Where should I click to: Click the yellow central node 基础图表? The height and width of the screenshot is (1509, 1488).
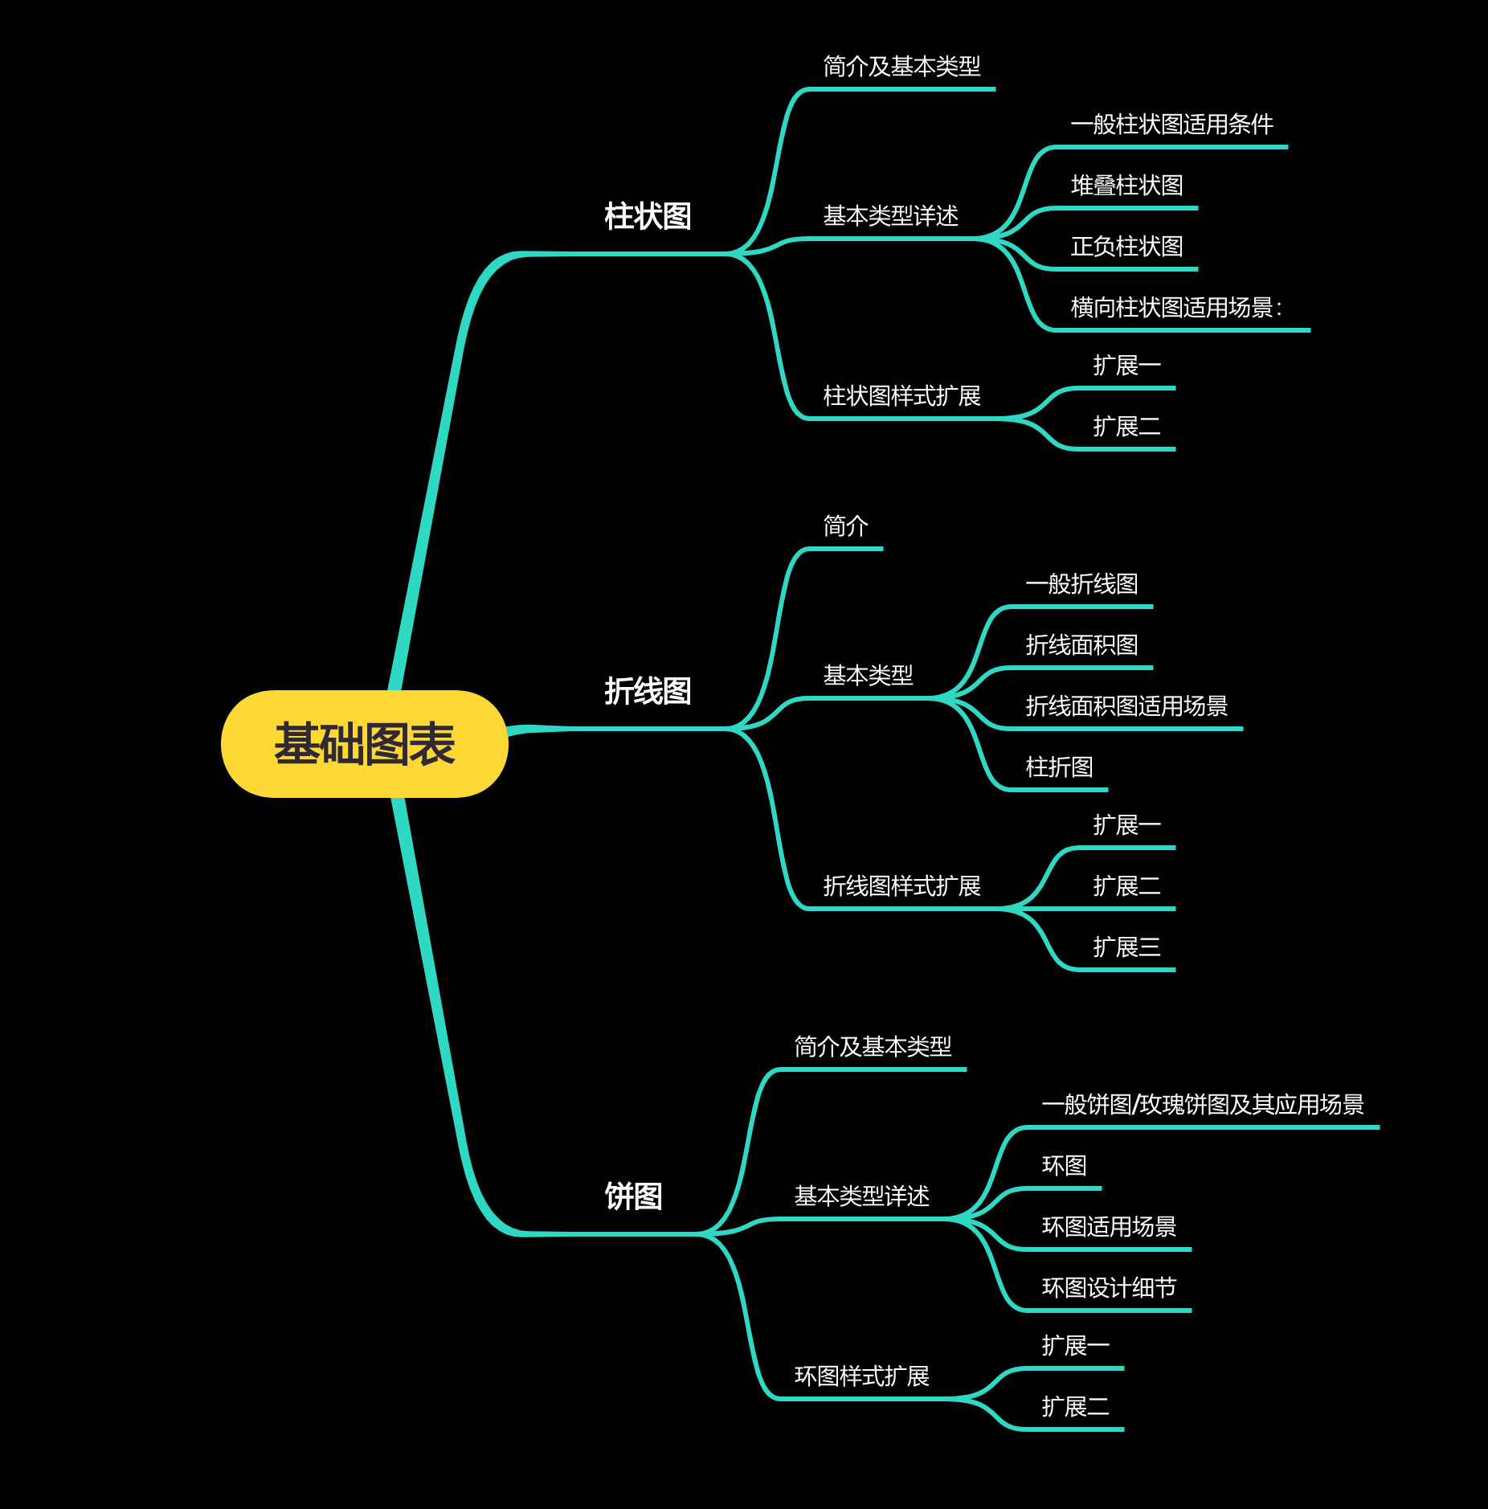point(364,744)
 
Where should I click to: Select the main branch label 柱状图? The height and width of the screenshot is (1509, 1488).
point(648,216)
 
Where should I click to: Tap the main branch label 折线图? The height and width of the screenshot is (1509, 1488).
point(648,691)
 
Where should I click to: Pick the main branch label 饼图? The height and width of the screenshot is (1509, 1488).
point(633,1196)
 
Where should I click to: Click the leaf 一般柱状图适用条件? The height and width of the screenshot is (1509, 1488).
point(1171,125)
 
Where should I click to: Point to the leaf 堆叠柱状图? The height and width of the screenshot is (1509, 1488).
point(1126,186)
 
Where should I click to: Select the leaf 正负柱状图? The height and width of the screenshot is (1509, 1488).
point(1126,247)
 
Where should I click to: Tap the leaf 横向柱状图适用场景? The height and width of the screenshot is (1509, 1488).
point(1176,308)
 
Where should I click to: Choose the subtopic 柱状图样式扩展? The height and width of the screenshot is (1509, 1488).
point(901,396)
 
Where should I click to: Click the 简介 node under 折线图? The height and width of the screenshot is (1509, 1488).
point(845,526)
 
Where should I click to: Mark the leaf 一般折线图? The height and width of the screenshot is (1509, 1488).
point(1081,584)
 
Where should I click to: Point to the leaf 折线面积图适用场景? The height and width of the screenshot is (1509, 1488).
point(1126,706)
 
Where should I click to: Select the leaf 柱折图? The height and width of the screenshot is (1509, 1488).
point(1059,767)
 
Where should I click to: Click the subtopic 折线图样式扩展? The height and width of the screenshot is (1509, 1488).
point(901,886)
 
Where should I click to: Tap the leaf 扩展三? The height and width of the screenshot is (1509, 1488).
point(1126,947)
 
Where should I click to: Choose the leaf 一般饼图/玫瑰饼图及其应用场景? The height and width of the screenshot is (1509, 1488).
point(1203,1105)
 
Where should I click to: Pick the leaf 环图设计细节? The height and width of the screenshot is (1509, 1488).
point(1109,1288)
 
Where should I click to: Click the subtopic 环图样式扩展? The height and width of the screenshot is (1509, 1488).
point(861,1376)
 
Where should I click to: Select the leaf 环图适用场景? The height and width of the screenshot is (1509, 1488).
point(1109,1227)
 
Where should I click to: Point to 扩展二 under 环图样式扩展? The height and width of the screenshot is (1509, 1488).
point(1075,1407)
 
